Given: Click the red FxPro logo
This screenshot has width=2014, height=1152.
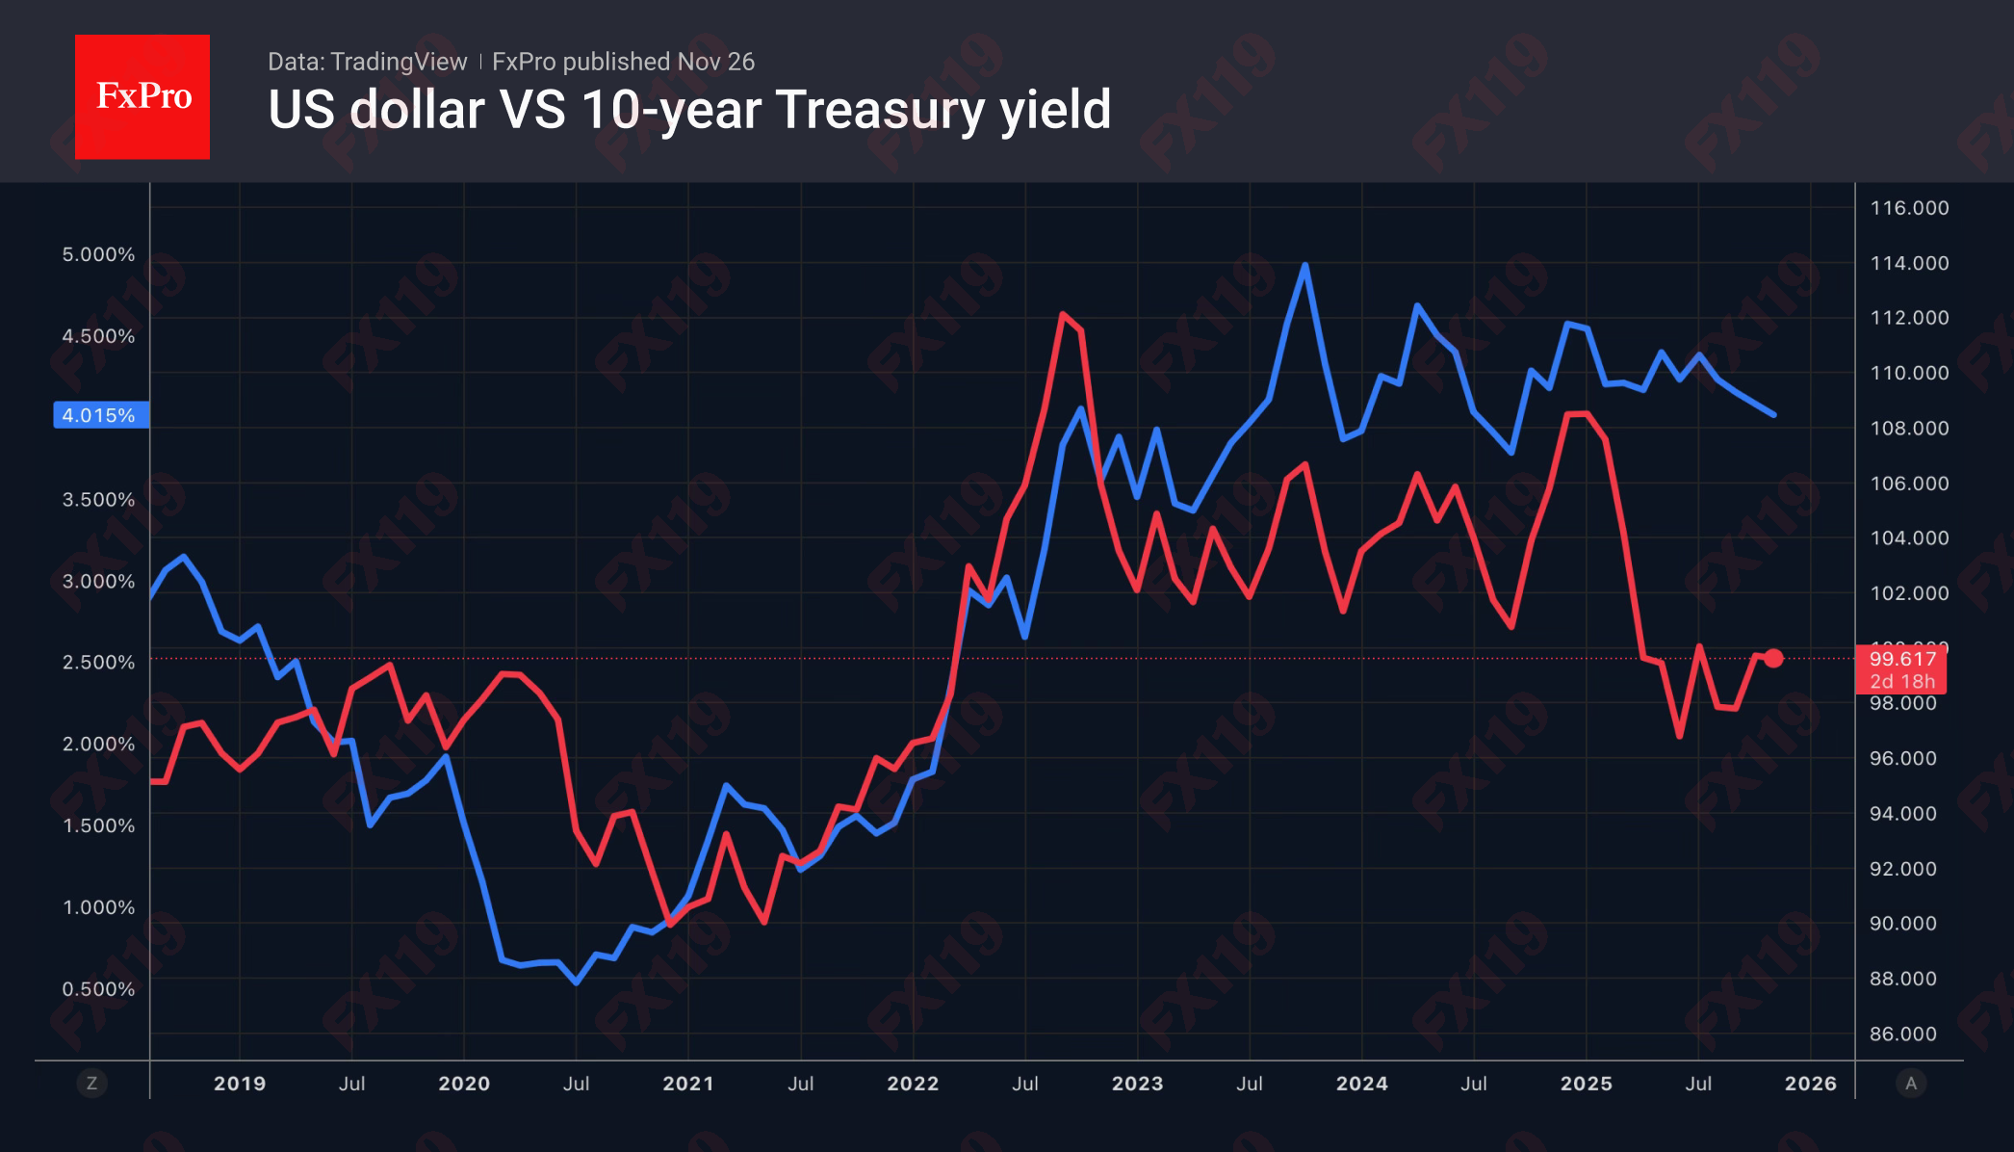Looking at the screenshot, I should [142, 97].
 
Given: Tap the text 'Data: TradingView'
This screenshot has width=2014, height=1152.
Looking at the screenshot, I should [367, 62].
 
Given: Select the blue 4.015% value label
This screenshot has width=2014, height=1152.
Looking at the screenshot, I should [100, 415].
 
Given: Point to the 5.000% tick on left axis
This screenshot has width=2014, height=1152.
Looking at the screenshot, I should [98, 255].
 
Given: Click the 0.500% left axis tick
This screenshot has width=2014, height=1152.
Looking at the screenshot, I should [98, 989].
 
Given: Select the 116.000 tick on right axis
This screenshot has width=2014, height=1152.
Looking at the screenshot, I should [1909, 208].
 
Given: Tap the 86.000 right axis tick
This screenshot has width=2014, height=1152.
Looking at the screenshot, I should [1902, 1034].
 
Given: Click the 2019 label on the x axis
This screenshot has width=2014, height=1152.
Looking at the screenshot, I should [240, 1084].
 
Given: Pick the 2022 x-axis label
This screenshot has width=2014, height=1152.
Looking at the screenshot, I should [913, 1084].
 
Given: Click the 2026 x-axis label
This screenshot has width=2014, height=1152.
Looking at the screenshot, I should [1810, 1084].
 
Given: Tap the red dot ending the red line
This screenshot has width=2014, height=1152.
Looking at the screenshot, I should [1773, 659].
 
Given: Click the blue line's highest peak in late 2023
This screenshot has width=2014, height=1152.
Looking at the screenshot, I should [1304, 265].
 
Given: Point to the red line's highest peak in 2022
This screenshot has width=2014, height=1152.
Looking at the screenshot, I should [1062, 314].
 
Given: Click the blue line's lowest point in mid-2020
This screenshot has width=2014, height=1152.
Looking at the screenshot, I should [576, 982].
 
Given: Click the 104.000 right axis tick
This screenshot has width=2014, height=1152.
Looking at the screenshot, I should [1909, 538].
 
